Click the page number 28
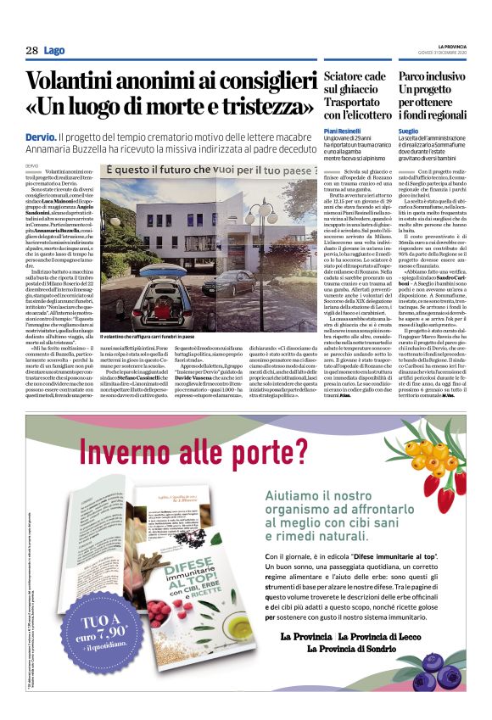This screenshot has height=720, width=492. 31,51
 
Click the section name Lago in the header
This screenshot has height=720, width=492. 53,51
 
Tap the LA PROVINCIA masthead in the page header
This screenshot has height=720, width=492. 450,45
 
